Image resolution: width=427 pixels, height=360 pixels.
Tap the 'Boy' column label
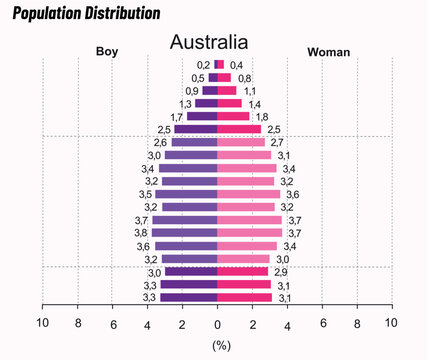click(x=107, y=51)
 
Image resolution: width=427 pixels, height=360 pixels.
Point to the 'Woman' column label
click(x=328, y=51)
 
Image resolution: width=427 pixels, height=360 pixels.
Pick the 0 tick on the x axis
click(x=217, y=323)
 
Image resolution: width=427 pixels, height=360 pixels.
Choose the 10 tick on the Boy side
click(x=42, y=323)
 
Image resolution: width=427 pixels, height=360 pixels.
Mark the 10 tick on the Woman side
click(x=391, y=323)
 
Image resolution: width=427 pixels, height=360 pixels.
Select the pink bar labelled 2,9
click(x=243, y=272)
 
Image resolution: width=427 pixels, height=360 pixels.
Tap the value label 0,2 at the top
click(x=203, y=64)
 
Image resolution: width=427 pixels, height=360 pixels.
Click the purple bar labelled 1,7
click(x=202, y=116)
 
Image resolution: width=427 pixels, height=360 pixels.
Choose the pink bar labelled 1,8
click(x=233, y=116)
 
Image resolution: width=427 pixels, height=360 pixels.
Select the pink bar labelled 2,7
click(x=241, y=143)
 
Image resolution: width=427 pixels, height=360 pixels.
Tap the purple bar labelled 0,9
click(x=209, y=90)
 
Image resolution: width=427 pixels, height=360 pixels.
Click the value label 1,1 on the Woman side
click(x=250, y=91)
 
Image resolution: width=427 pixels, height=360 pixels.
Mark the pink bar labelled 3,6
click(x=249, y=194)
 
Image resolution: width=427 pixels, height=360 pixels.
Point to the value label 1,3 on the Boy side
click(x=186, y=104)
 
